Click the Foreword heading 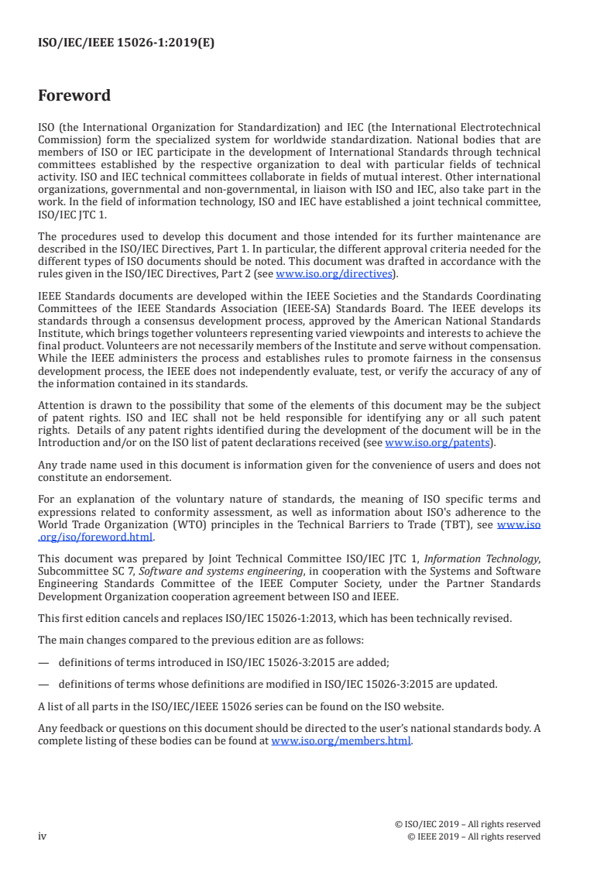pos(74,96)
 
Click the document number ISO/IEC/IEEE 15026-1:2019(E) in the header pos(126,43)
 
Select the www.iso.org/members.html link pos(341,740)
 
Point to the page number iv pos(43,836)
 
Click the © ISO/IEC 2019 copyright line pos(467,824)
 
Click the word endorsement pos(118,477)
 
